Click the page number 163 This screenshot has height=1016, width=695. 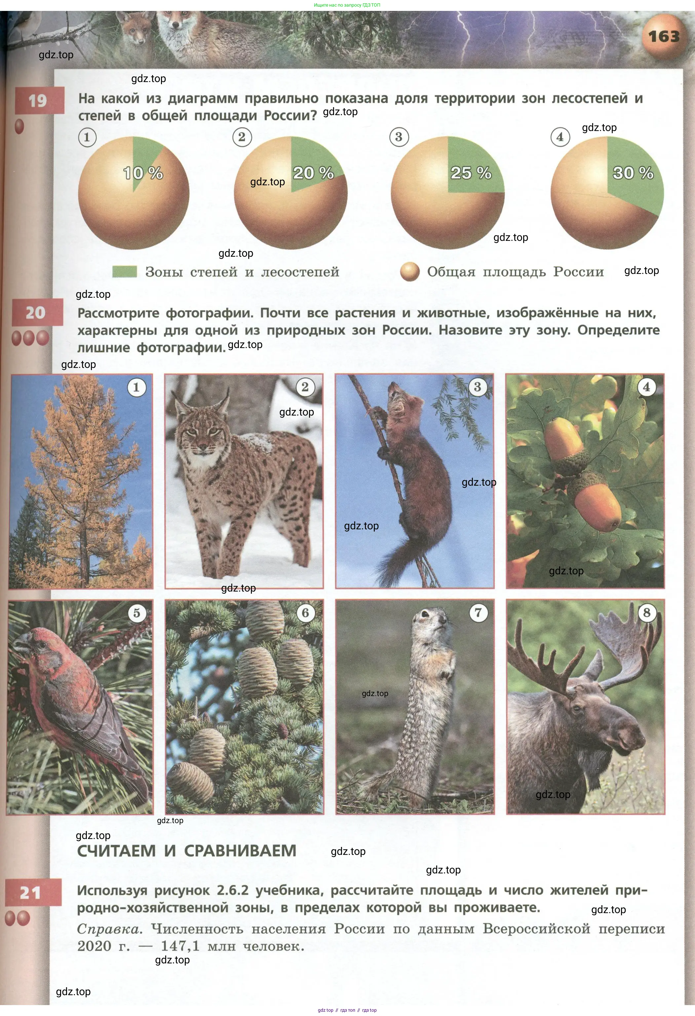(x=664, y=36)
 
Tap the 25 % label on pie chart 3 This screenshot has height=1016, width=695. (x=471, y=173)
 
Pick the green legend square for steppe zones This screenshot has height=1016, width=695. (x=125, y=272)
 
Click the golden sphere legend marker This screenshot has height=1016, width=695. (x=410, y=272)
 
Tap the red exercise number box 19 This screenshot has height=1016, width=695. (x=39, y=101)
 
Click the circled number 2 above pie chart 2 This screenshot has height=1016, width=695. (x=242, y=137)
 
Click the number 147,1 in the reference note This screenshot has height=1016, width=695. (x=180, y=947)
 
